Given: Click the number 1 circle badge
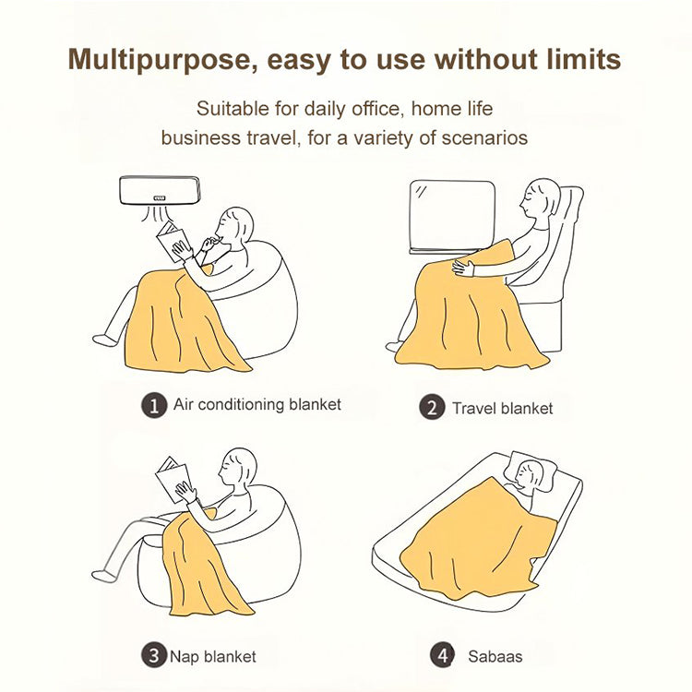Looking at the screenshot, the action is [x=154, y=405].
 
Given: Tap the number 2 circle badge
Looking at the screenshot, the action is [x=432, y=407].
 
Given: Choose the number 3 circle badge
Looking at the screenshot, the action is [x=154, y=655].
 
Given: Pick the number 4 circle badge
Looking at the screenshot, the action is [x=443, y=655].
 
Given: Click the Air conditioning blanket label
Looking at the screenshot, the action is [x=257, y=405].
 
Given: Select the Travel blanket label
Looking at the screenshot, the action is [x=502, y=408].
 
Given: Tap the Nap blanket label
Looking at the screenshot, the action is [x=213, y=657].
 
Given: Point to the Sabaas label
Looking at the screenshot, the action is [x=495, y=657].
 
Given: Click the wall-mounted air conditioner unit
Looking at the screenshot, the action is [x=160, y=191].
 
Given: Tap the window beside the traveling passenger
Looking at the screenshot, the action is [x=452, y=217].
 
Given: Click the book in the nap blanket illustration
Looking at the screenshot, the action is [x=173, y=479].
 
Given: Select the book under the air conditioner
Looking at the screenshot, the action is [x=173, y=241].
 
